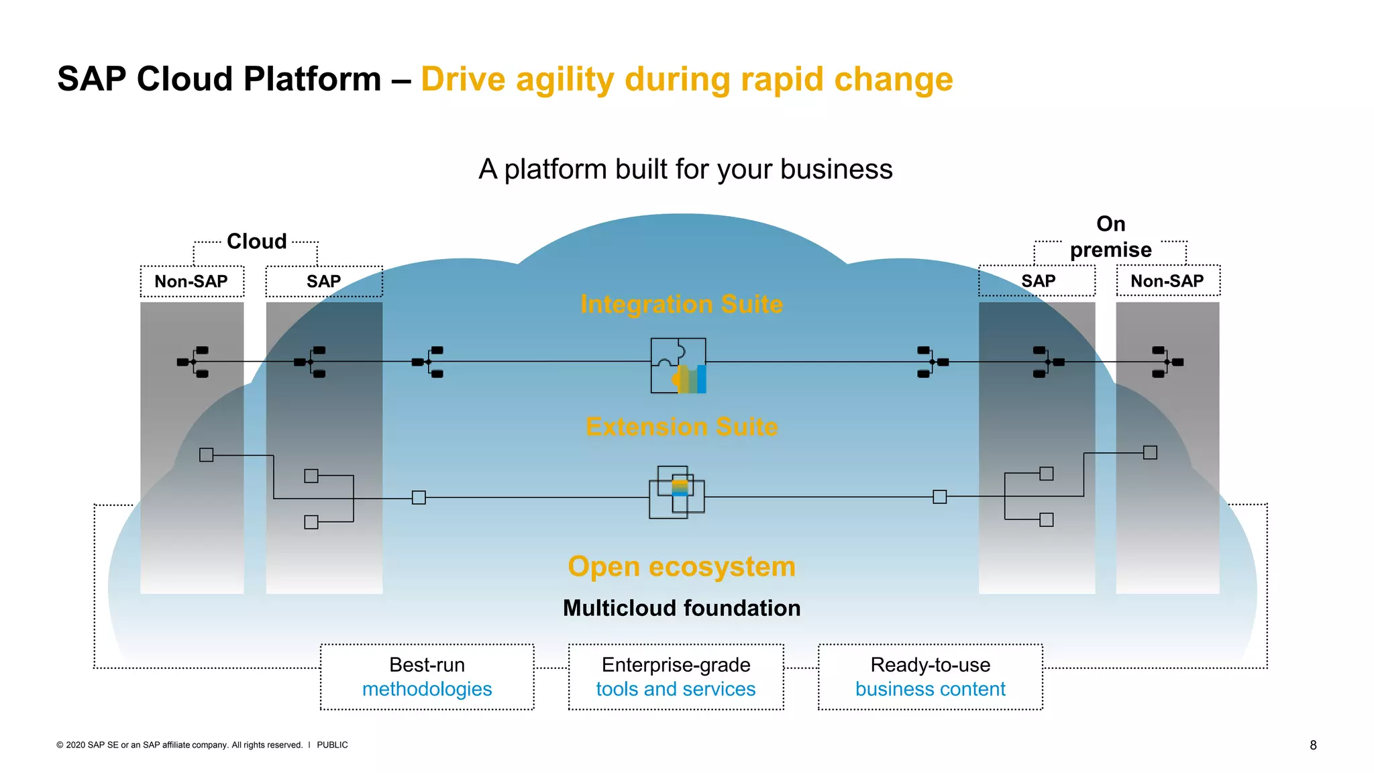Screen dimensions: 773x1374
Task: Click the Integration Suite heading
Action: point(681,304)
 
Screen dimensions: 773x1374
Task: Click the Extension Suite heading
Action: point(681,427)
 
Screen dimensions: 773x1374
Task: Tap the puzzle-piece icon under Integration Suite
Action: point(678,365)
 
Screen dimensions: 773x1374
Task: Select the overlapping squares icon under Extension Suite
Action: point(676,492)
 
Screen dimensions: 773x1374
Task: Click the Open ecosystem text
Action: point(681,566)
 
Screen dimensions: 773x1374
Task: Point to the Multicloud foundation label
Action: point(681,608)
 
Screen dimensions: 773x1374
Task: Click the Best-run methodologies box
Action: point(427,676)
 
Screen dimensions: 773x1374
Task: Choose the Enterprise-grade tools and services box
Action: point(676,676)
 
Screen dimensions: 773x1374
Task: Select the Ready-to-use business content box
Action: point(930,676)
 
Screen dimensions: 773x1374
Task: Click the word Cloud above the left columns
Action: point(256,241)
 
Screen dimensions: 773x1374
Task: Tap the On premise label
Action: point(1110,236)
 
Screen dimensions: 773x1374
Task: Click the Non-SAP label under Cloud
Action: point(191,281)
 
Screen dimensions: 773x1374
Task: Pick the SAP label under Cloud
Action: point(323,281)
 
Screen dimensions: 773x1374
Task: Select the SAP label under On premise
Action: point(1038,281)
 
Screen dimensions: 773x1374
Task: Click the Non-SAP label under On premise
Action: point(1167,281)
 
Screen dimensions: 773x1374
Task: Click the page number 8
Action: point(1313,745)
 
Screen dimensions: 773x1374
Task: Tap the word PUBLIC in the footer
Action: point(332,745)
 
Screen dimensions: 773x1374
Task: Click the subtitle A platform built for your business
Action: point(685,169)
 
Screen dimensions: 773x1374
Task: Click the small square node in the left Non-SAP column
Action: point(207,455)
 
